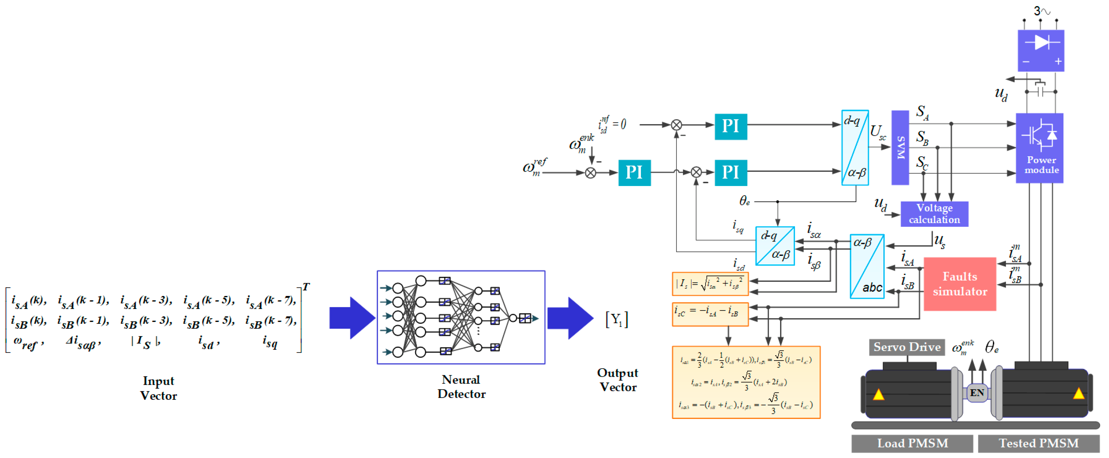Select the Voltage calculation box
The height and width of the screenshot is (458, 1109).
[x=934, y=214]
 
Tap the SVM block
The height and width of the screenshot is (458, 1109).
[x=900, y=147]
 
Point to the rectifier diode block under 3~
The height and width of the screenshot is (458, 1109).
[x=1041, y=50]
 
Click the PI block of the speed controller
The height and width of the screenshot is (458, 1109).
[x=634, y=172]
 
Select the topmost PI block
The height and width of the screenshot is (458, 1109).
[x=731, y=127]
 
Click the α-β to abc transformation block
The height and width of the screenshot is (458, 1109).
[x=867, y=266]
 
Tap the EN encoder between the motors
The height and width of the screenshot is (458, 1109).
[x=977, y=393]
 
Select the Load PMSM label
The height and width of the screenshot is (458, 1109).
[x=912, y=443]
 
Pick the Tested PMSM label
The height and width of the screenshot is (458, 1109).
[x=1038, y=443]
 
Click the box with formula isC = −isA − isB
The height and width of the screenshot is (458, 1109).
[x=710, y=314]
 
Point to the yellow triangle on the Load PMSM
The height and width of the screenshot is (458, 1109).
[x=878, y=394]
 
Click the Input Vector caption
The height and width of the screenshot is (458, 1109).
[x=158, y=388]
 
